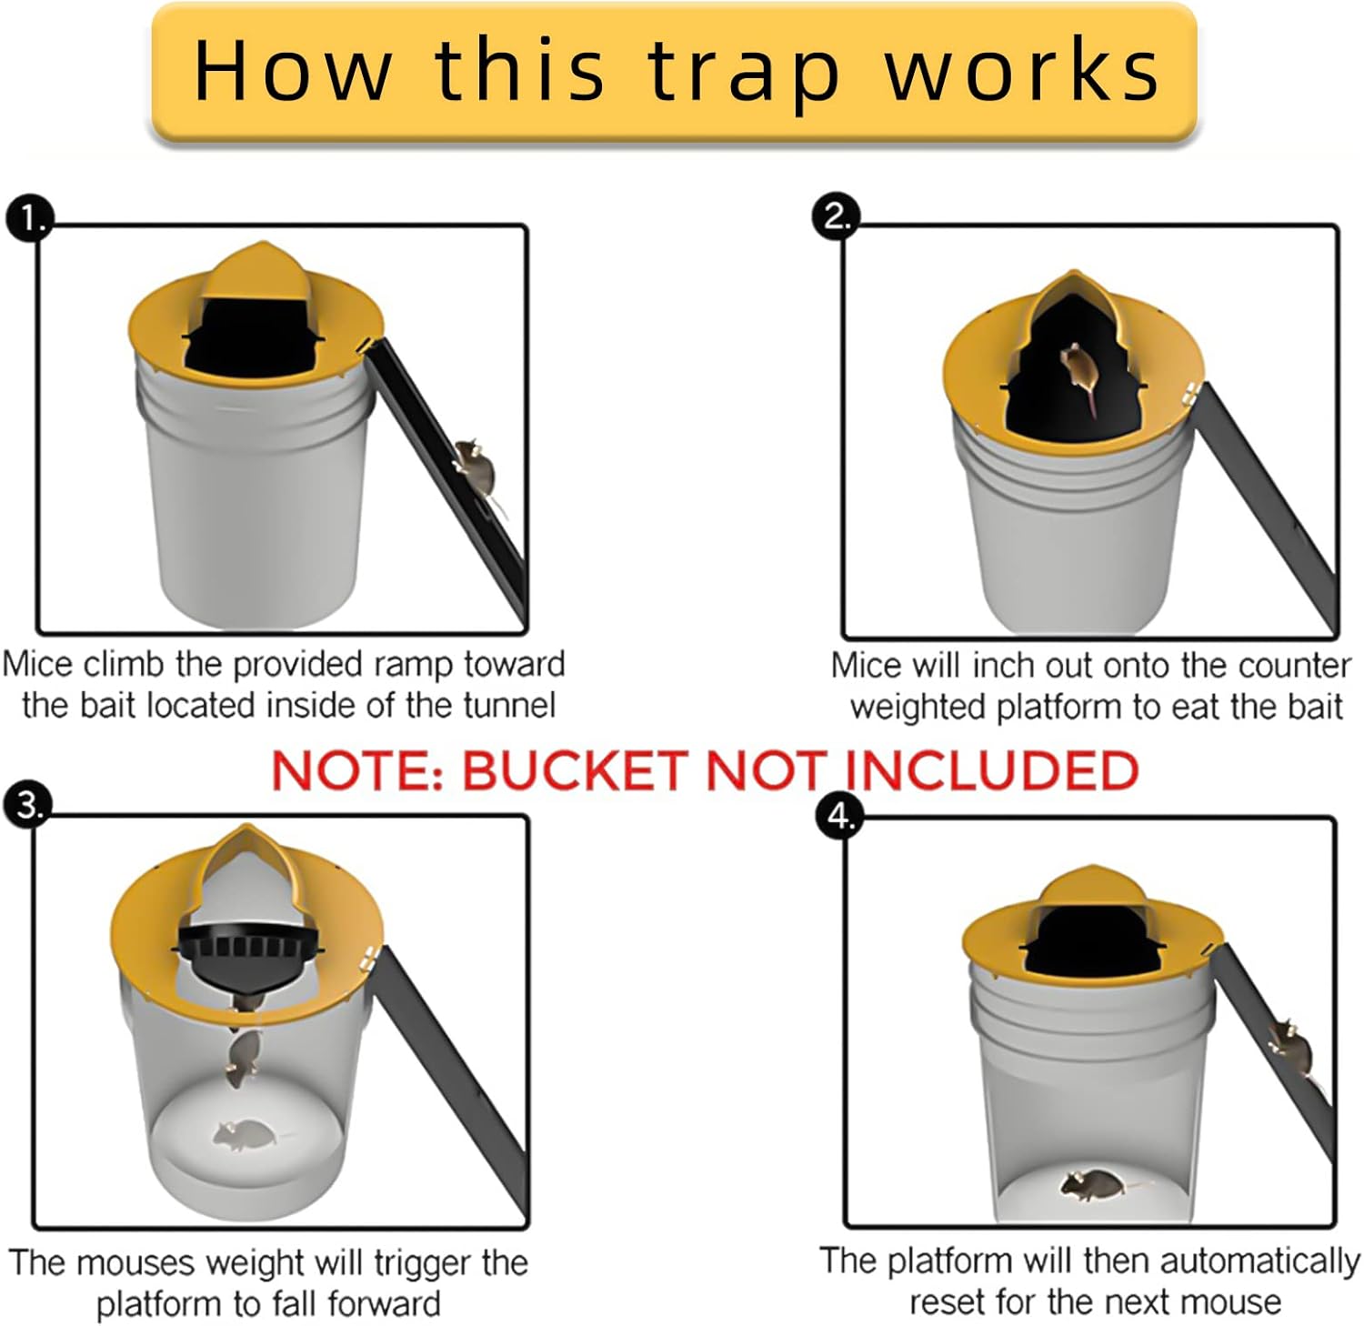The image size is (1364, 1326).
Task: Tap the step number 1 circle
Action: [x=30, y=219]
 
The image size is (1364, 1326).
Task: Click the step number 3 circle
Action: [x=28, y=805]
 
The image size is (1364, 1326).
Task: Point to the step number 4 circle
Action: [x=839, y=816]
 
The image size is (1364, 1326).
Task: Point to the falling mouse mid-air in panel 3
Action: [x=243, y=1058]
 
